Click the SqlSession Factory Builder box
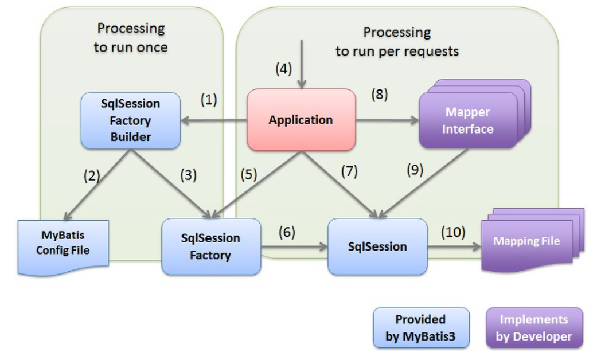point(131,120)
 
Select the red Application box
point(301,120)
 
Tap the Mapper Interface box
point(475,114)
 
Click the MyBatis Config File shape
point(63,248)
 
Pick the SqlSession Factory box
point(211,246)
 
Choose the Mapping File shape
point(533,240)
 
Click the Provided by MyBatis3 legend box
point(421,328)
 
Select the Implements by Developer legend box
point(534,328)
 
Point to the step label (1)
point(209,100)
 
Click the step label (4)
point(284,69)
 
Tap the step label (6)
point(287,232)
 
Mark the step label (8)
point(380,95)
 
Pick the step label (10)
point(453,232)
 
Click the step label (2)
point(92,175)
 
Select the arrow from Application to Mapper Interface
point(387,120)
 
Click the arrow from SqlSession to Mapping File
point(454,246)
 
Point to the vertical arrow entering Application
point(302,64)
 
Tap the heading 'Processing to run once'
point(131,38)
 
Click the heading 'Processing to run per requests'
point(397,41)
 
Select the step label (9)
point(415,170)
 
